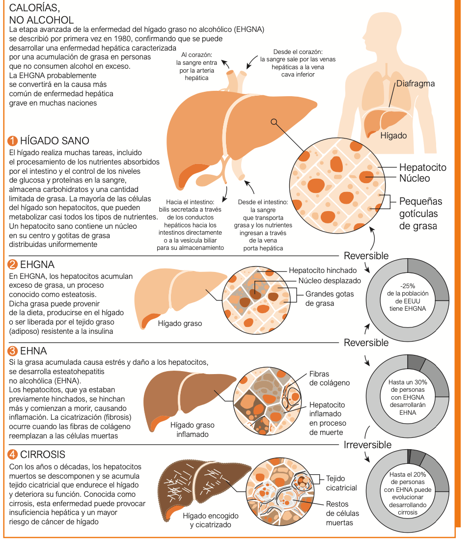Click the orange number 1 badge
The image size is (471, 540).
tap(12, 141)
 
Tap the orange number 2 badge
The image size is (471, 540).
tap(12, 265)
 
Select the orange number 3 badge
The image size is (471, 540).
tap(12, 351)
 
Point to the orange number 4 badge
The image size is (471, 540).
tap(12, 454)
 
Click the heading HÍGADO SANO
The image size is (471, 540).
tap(55, 141)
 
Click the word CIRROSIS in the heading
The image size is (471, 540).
tap(43, 454)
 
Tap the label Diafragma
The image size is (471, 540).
tap(416, 83)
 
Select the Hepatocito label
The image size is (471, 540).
tap(423, 167)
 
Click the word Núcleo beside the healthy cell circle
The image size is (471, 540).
tap(415, 178)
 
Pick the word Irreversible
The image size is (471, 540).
tap(368, 445)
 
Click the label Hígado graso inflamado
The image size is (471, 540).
tap(192, 430)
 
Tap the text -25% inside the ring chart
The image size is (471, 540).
tap(408, 286)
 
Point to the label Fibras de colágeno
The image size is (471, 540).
tap(330, 378)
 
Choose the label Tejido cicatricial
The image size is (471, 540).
tap(341, 483)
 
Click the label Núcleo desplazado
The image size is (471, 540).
tap(330, 281)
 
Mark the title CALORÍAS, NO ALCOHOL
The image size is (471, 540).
tap(41, 14)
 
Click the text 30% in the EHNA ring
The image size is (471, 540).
tap(420, 382)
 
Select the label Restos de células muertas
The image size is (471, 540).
tap(342, 513)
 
